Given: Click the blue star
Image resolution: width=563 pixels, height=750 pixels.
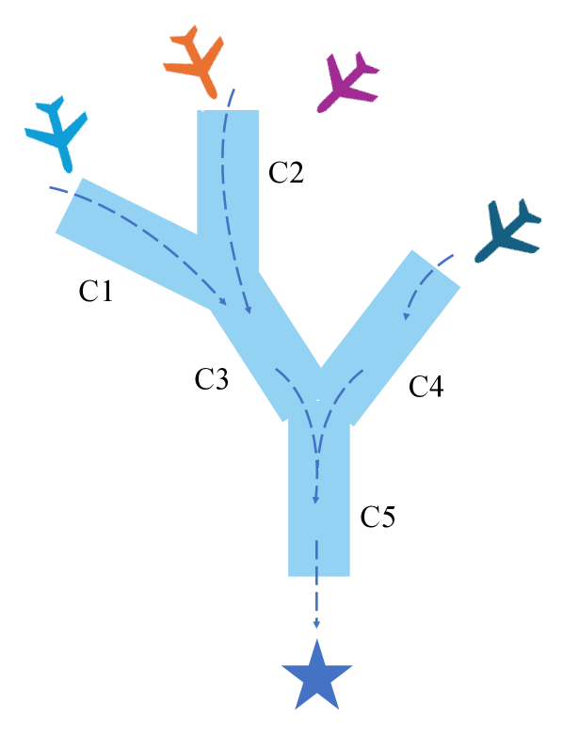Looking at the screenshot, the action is (317, 677).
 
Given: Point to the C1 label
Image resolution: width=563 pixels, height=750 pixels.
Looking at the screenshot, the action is (96, 291).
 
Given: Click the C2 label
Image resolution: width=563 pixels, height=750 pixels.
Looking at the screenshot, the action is (286, 172).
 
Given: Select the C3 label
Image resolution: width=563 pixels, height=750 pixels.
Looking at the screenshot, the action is (211, 379).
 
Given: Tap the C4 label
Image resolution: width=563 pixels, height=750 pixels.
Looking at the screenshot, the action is (426, 386).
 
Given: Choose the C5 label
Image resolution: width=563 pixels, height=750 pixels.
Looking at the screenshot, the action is (378, 517).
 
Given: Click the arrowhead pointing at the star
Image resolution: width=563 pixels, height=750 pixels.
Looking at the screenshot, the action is (316, 624).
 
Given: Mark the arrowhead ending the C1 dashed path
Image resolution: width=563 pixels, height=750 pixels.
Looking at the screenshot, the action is (222, 301).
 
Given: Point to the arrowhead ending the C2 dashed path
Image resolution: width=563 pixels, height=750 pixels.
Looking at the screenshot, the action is (248, 310).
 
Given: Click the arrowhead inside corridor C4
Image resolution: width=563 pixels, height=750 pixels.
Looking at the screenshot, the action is (406, 315).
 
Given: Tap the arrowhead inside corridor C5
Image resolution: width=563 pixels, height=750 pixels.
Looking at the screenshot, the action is (316, 500).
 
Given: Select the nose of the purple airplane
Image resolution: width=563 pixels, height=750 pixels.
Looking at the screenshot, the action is (320, 109).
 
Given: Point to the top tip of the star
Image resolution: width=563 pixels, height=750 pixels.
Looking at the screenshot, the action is (317, 640).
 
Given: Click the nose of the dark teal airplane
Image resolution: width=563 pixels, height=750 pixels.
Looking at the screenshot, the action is (477, 259).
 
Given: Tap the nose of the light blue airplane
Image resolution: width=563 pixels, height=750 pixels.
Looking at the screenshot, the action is (69, 168).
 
